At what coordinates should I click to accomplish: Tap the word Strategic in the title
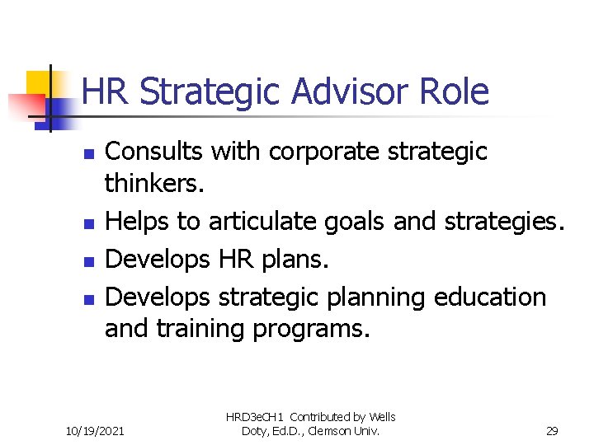coord(210,91)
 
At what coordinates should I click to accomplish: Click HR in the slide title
coord(106,91)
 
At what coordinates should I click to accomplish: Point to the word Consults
coord(155,152)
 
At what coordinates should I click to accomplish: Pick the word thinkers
coord(153,182)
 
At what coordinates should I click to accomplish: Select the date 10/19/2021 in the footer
coord(95,429)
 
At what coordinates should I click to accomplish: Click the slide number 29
coord(552,429)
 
